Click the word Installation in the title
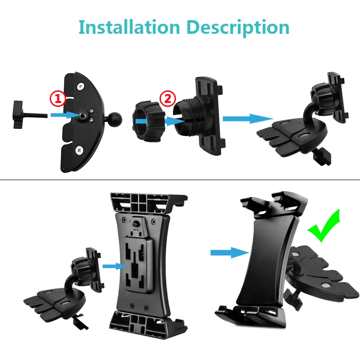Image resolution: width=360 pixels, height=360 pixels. point(129,27)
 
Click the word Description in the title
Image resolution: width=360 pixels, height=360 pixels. point(234,28)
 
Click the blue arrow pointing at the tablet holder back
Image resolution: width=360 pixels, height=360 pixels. point(114,266)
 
